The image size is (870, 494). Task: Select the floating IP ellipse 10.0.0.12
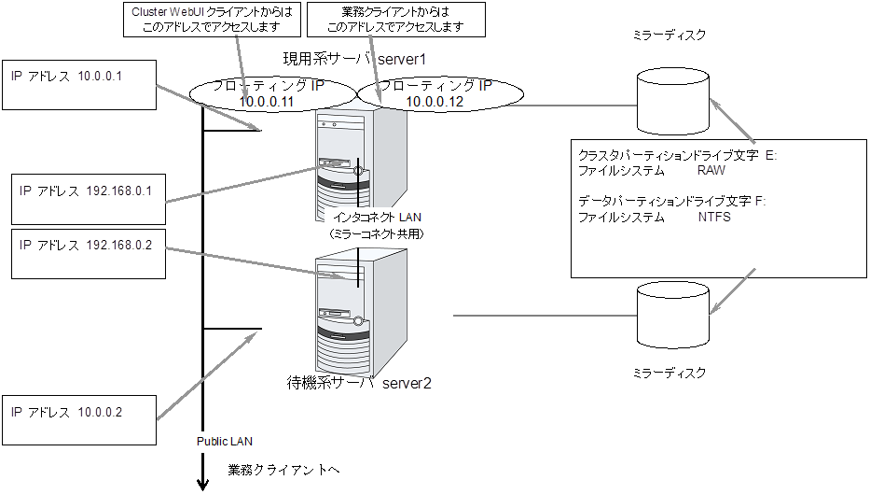(438, 92)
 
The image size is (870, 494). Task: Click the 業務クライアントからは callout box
(397, 20)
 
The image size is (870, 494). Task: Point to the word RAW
(711, 172)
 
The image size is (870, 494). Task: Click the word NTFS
(714, 218)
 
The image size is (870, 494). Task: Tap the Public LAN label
(224, 440)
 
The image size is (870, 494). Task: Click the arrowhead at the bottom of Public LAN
(202, 483)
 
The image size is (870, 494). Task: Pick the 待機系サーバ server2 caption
(360, 382)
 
